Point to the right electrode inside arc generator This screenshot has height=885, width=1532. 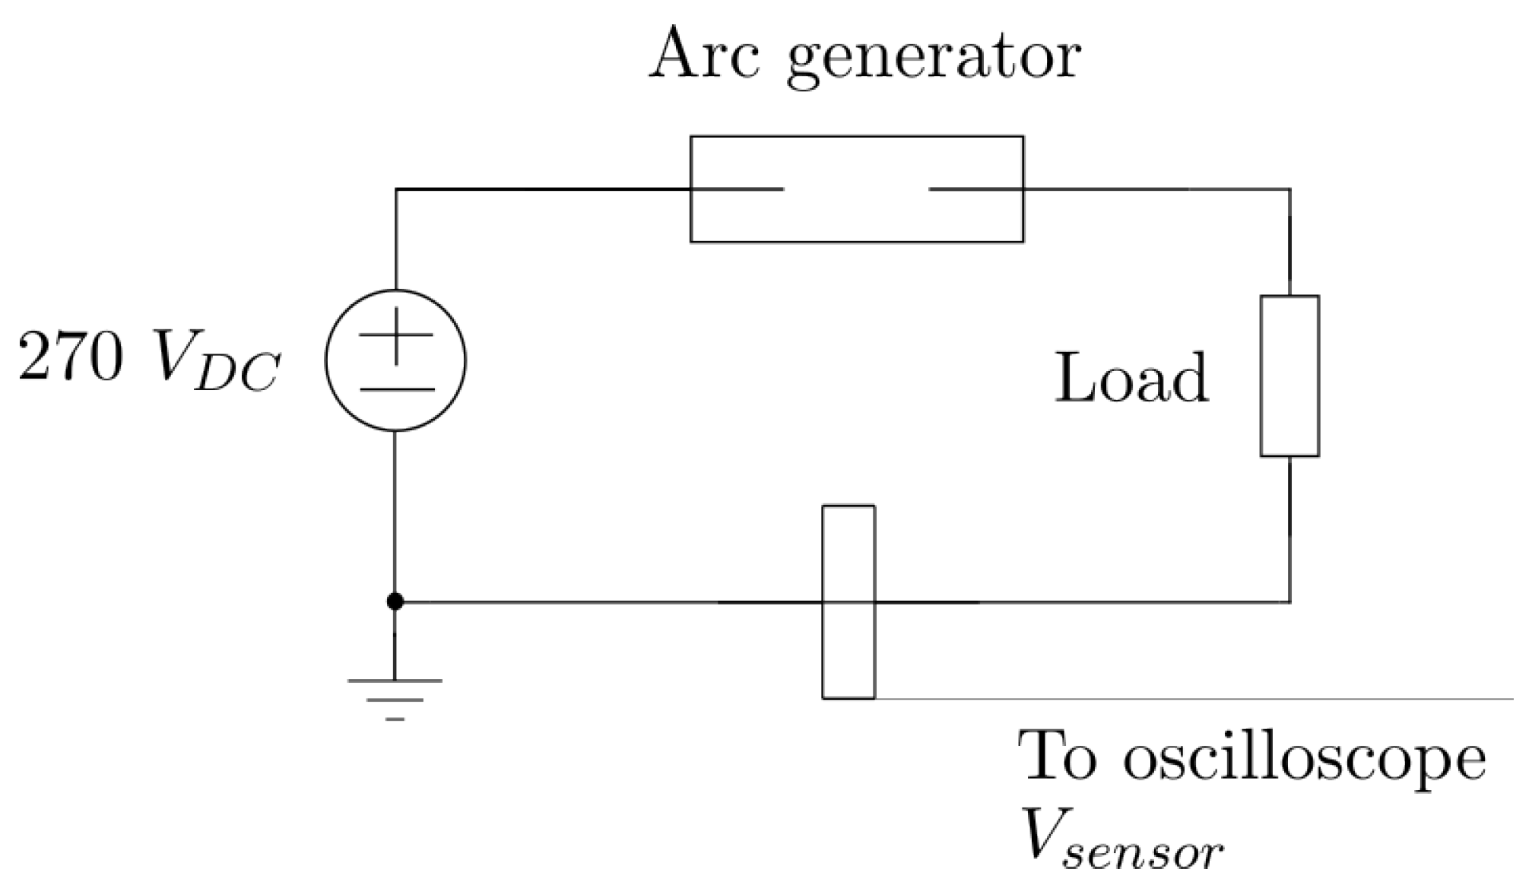click(x=976, y=189)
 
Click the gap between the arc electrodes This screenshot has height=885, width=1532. click(x=856, y=189)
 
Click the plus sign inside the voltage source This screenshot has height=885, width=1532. click(x=395, y=335)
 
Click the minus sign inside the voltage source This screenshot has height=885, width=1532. click(x=396, y=389)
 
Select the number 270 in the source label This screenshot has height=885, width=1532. click(x=70, y=357)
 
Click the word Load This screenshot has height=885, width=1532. click(x=1131, y=378)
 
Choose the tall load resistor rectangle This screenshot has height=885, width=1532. click(x=1289, y=376)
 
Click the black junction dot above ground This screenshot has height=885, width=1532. click(x=395, y=602)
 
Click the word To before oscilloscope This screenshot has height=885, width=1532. click(x=1059, y=756)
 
